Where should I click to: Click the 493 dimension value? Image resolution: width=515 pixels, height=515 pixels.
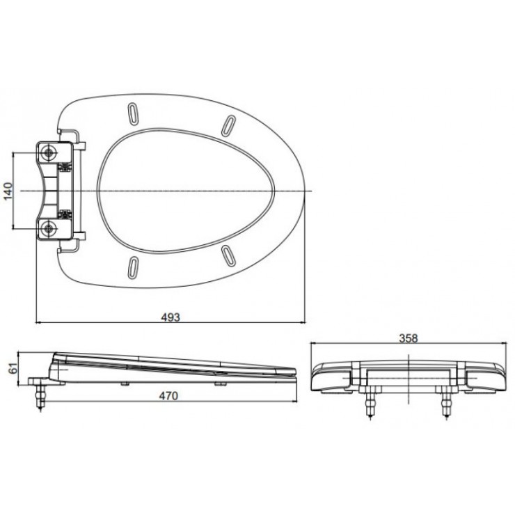coord(171,317)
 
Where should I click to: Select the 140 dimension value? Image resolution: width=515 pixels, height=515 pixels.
coord(9,191)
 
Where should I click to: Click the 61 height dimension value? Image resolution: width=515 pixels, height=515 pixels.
coord(11,369)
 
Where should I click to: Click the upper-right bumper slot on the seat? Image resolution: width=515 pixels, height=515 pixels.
coord(228,122)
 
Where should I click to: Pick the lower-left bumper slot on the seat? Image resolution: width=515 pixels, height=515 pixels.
coord(132,267)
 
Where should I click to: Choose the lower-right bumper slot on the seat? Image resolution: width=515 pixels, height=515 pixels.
coord(228,256)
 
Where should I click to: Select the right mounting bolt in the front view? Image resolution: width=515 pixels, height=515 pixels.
coord(446,403)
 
